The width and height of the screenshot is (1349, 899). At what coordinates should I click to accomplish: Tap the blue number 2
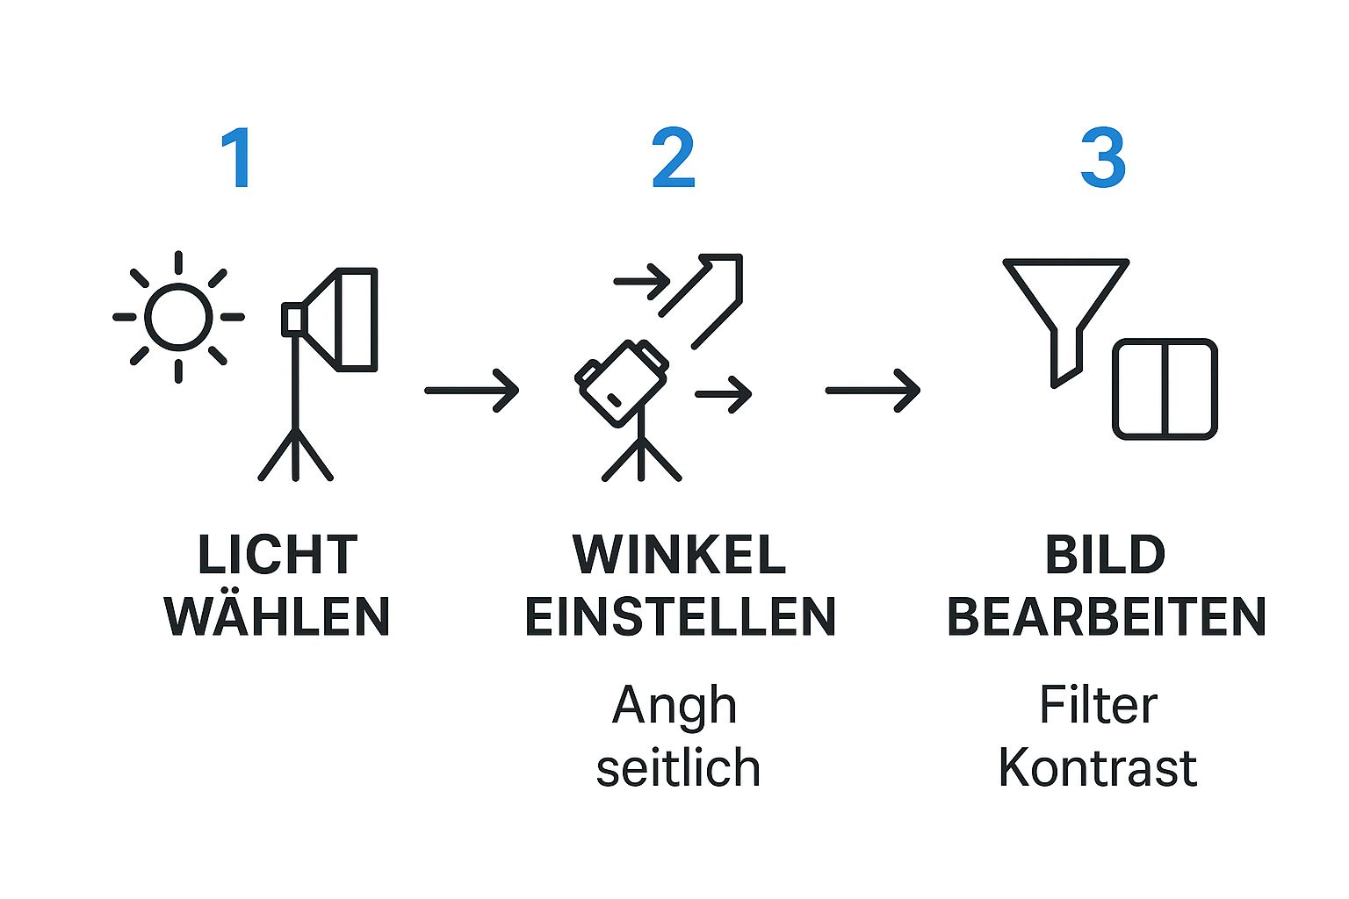tap(674, 158)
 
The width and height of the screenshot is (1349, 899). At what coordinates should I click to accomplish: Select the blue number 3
tap(1103, 158)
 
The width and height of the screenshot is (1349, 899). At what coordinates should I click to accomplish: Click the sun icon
tap(178, 317)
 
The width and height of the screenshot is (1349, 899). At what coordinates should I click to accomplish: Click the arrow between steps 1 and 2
tap(472, 391)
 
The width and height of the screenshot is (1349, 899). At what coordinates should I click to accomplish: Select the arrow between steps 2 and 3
tap(873, 391)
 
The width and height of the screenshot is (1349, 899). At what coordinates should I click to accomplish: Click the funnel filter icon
tap(1064, 322)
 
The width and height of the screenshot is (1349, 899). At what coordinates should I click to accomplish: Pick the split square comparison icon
tap(1165, 389)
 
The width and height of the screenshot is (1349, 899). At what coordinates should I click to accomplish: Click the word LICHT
tap(278, 555)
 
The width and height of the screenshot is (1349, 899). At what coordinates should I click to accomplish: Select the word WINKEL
tap(679, 555)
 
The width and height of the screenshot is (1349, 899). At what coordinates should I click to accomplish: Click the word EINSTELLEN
tap(681, 616)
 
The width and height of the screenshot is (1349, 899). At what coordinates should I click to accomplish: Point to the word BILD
tap(1105, 555)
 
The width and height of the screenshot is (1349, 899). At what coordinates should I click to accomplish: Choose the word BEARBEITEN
tap(1107, 616)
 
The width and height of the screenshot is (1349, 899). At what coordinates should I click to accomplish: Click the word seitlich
tap(678, 767)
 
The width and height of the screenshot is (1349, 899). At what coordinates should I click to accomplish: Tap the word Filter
tap(1099, 704)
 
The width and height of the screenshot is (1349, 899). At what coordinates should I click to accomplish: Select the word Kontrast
tap(1098, 767)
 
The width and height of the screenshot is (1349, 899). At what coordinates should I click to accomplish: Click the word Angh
tap(674, 708)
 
